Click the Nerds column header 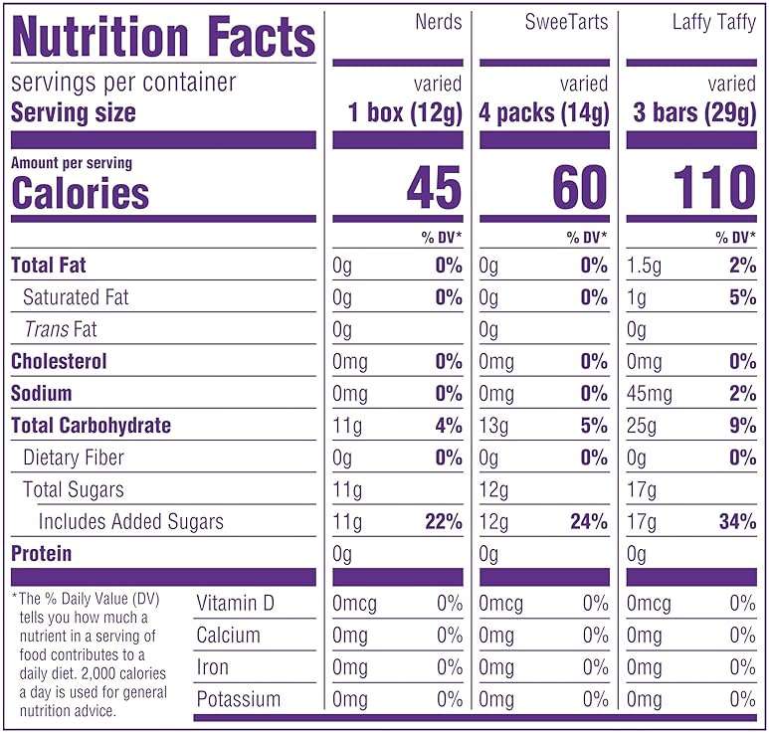pos(439,22)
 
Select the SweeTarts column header pos(566,22)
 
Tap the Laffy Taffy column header pos(714,23)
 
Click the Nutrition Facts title pos(163,36)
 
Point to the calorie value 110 pos(715,187)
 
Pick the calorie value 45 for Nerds pos(435,187)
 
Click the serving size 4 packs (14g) pos(544,112)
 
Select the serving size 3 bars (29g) pos(694,112)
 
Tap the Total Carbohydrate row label pos(92,425)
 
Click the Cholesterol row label pos(59,361)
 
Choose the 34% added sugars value pos(737,521)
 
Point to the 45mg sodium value pos(650,394)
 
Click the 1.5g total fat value pos(644,266)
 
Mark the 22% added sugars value pos(444,521)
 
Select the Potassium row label pos(239,699)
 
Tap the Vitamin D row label pos(235,603)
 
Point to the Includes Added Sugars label pos(131,522)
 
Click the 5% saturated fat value pos(743,297)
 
